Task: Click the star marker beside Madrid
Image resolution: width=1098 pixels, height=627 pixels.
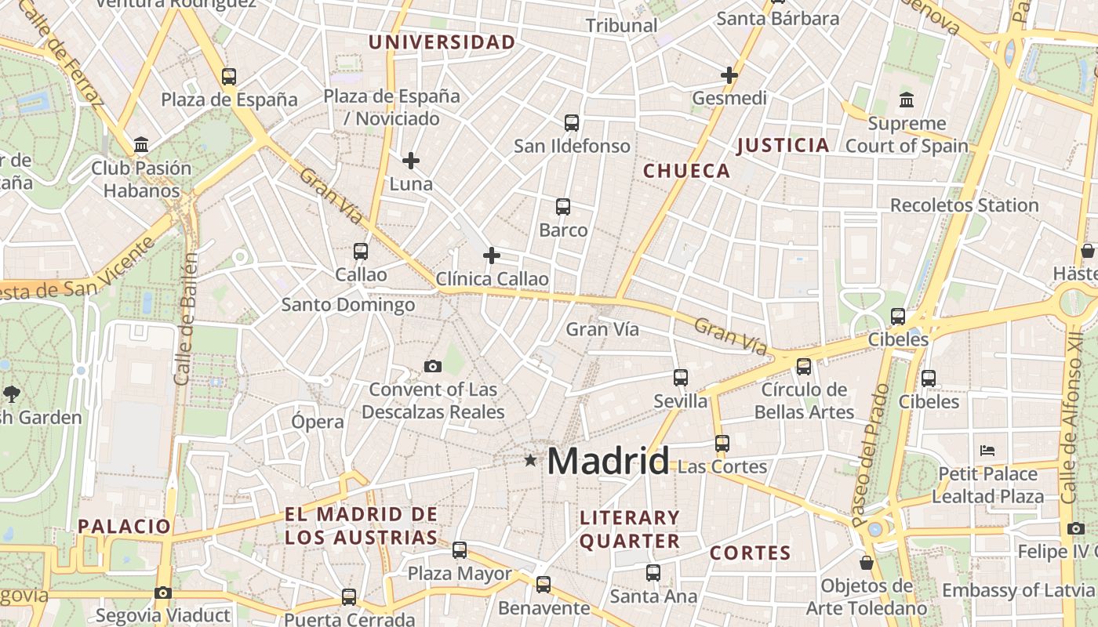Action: coord(531,460)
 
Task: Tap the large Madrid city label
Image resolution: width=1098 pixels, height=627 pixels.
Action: coord(608,461)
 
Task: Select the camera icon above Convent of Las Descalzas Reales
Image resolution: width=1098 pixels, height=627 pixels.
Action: coord(432,366)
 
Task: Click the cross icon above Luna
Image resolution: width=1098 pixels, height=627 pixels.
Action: coord(410,161)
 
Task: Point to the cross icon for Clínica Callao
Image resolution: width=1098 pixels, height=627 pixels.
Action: coord(492,256)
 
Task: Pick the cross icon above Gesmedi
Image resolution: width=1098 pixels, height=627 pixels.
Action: coord(729,75)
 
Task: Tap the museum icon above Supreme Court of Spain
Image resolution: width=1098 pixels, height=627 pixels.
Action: coord(907,100)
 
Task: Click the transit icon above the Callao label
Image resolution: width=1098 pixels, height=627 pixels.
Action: coord(361,252)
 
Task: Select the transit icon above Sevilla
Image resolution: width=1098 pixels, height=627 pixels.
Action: coord(681,378)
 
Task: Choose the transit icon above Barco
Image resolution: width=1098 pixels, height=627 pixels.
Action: coord(563,207)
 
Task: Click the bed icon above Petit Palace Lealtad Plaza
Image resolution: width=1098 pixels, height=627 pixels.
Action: coord(987,451)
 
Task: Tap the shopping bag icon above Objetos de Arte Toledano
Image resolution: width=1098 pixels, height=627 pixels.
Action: coord(867,563)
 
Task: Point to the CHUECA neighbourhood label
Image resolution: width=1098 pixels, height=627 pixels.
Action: coord(686,171)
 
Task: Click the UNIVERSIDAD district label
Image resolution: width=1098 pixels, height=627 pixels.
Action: coord(442,42)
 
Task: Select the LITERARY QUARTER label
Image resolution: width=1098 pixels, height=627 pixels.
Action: coord(629,529)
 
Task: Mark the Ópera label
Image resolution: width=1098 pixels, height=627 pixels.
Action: coord(318,422)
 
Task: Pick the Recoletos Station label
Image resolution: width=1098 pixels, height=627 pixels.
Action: coord(964,205)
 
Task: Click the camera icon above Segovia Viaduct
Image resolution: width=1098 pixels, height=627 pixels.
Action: coord(163,593)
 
